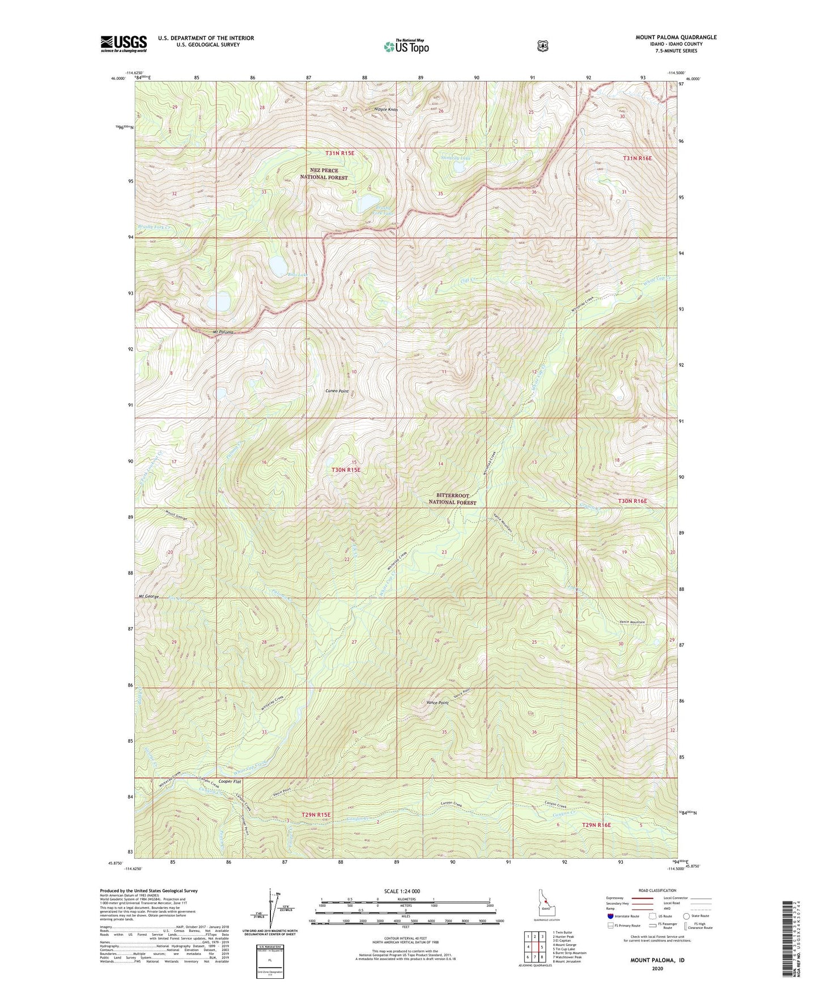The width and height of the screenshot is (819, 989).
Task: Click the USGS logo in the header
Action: click(x=124, y=44)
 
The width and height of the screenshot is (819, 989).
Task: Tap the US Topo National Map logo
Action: click(x=406, y=46)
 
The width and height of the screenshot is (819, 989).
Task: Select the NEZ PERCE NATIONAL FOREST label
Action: click(x=324, y=174)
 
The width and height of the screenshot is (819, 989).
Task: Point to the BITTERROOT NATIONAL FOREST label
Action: click(x=452, y=499)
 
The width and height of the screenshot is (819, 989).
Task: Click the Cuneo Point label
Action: click(x=337, y=391)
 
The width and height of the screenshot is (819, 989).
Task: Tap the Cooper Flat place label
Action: click(x=230, y=782)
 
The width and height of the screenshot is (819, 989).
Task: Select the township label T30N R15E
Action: click(x=346, y=470)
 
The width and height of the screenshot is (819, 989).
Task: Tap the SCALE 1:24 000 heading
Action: click(x=402, y=891)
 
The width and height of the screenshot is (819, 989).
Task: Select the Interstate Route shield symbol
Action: click(x=610, y=916)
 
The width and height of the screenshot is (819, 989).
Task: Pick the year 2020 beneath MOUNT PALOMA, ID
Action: click(x=657, y=968)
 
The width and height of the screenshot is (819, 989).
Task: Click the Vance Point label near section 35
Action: click(x=438, y=702)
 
